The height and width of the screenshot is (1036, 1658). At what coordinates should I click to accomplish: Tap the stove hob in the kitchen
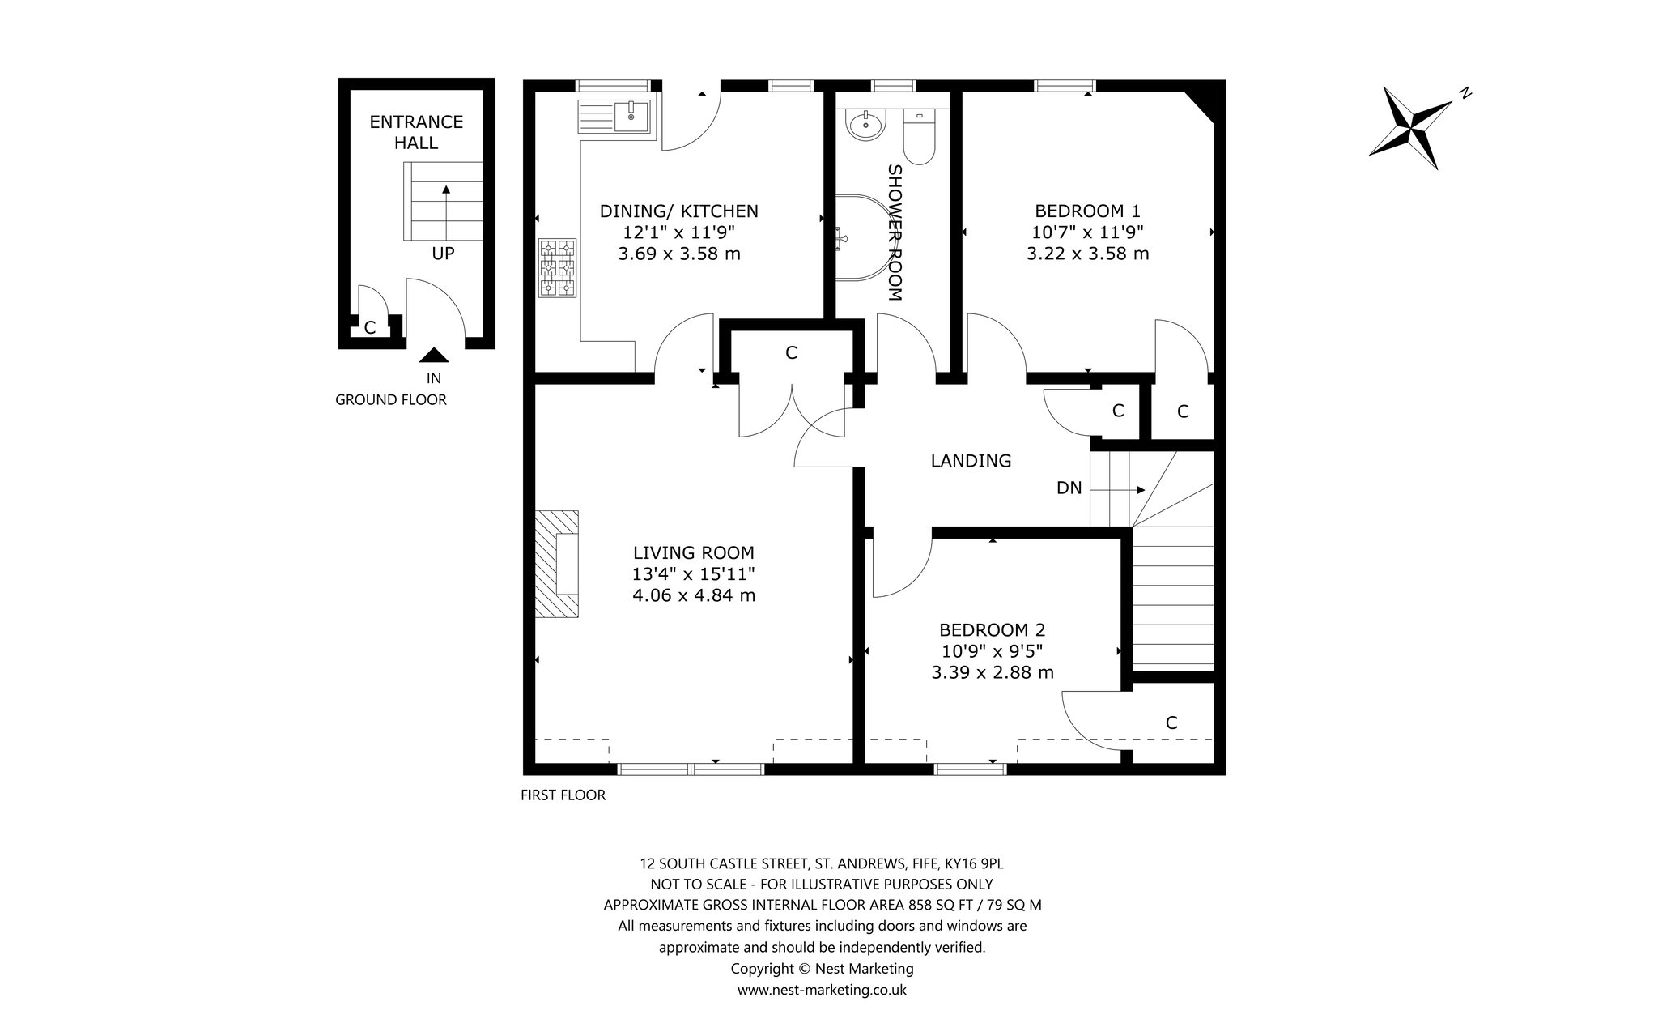[x=558, y=268]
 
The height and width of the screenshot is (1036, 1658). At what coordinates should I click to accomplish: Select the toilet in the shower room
[x=919, y=134]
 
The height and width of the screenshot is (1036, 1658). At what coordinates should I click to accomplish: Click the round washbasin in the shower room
[x=865, y=125]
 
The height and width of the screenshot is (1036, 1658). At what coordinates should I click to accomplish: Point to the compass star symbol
[x=1413, y=127]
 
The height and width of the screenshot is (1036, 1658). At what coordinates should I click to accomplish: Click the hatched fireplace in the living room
[x=557, y=563]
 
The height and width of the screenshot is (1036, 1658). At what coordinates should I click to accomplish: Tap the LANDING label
[x=971, y=461]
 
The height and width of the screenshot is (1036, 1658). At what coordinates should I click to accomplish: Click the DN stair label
[x=1069, y=488]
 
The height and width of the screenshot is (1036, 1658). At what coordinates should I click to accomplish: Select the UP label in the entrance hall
[x=443, y=254]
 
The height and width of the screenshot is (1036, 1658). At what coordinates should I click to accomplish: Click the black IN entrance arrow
[x=434, y=355]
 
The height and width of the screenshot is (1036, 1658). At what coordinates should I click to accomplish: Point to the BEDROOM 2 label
[x=993, y=629]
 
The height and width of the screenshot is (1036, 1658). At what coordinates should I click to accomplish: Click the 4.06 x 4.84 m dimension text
[x=694, y=595]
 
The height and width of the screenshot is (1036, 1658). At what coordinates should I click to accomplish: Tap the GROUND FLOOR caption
[x=391, y=399]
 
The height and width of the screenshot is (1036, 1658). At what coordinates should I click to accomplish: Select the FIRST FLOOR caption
[x=563, y=795]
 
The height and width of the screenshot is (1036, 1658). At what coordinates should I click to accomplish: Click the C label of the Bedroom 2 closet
[x=1171, y=723]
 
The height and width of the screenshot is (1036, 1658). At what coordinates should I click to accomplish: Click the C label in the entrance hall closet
[x=370, y=328]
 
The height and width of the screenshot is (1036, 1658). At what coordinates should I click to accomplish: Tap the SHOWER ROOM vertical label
[x=895, y=232]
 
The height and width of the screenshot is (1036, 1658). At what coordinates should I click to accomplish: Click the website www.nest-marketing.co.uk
[x=822, y=990]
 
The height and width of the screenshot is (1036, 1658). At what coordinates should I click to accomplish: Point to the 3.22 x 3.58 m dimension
[x=1088, y=254]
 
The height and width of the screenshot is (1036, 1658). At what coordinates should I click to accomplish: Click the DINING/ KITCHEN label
[x=679, y=211]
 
